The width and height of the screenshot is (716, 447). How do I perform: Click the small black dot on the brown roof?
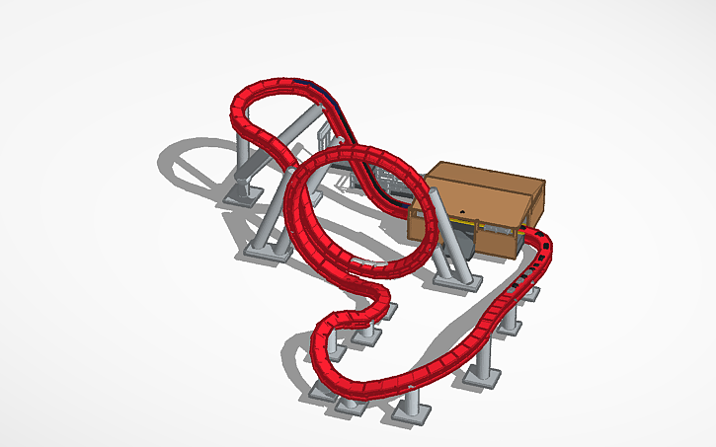point(462,211)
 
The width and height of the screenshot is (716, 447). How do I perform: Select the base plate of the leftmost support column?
point(237,195)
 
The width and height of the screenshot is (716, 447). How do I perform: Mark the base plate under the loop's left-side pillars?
point(267,252)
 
